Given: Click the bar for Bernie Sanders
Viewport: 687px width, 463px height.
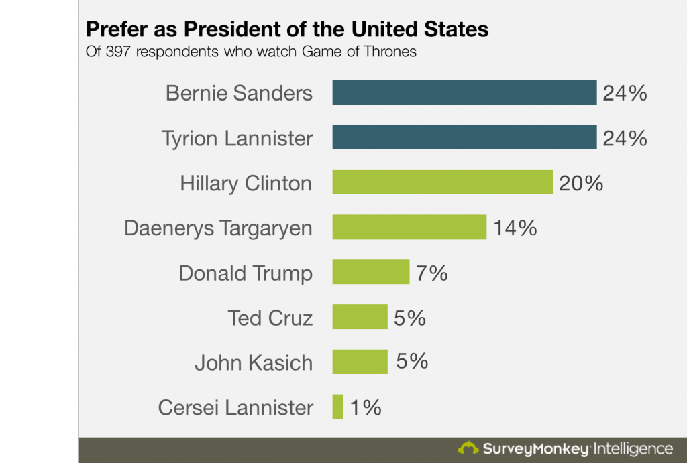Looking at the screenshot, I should [464, 92].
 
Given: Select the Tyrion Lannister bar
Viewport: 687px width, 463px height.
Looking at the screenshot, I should [464, 137].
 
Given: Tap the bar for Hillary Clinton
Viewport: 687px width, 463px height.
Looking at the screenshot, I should [442, 182].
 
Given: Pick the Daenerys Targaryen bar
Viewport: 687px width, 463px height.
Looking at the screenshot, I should [409, 227].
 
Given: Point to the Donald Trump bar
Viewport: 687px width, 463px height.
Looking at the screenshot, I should [370, 272].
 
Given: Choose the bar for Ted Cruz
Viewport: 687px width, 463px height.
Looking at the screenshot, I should [360, 317].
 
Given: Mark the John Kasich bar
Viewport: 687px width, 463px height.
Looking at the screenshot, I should [360, 362].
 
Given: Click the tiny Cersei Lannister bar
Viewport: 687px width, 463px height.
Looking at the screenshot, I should [337, 407].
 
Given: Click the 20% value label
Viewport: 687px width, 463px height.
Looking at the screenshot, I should [581, 183].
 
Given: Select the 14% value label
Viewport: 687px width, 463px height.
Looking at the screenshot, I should [515, 228].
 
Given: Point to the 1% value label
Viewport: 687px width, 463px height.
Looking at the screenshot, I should [366, 407].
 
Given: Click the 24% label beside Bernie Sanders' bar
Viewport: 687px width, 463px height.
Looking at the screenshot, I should [625, 93].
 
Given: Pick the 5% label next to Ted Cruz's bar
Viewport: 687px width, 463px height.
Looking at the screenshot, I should [409, 318].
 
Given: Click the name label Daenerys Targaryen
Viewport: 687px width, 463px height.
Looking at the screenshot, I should [218, 228].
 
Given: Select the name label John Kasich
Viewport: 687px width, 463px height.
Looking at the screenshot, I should [254, 363].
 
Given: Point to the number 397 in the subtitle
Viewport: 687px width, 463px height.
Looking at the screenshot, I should [118, 52].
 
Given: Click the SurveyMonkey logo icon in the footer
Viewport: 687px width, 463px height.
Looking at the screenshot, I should [468, 448].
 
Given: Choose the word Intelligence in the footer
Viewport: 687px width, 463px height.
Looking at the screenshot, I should [633, 448].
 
